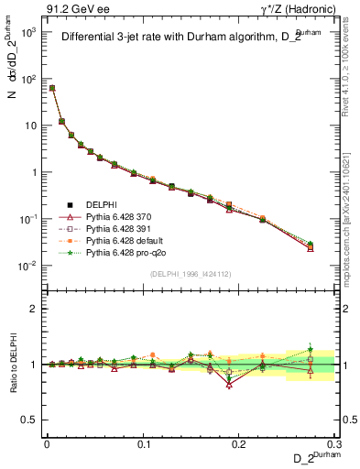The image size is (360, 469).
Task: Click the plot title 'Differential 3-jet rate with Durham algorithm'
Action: tap(183, 38)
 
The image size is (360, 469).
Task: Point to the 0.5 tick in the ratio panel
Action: tap(31, 420)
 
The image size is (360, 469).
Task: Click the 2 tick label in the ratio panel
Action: tap(36, 309)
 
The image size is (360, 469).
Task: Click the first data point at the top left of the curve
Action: tap(52, 88)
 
